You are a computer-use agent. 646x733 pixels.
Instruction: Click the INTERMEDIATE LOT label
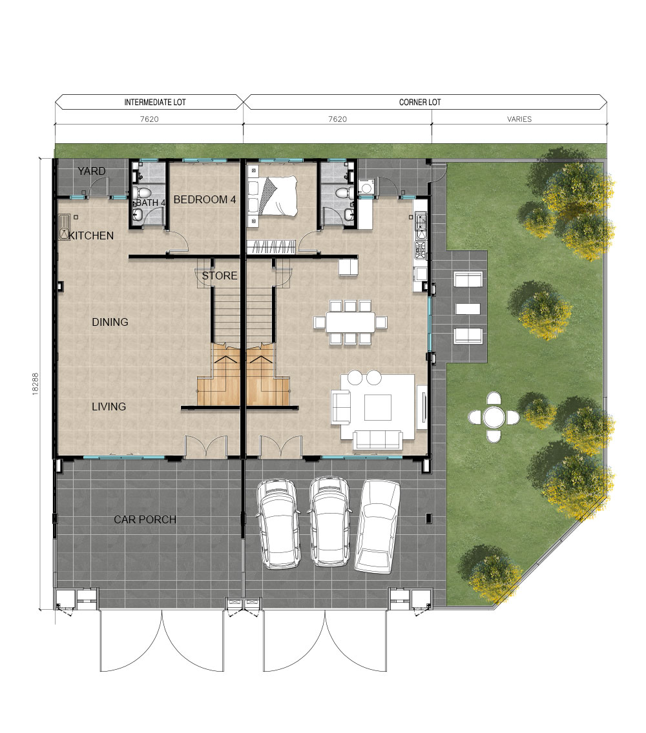[155, 102]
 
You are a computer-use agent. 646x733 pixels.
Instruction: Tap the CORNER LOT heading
[420, 102]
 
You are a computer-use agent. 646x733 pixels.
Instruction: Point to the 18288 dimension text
[36, 384]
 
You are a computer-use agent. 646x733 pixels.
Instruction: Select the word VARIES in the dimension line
[519, 119]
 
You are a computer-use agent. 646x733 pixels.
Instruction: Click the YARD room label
[92, 171]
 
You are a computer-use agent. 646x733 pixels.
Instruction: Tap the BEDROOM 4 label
[205, 199]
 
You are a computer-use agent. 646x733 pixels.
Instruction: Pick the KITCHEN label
[91, 236]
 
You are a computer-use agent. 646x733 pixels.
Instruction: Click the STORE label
[220, 276]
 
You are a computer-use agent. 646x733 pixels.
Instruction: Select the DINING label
[110, 322]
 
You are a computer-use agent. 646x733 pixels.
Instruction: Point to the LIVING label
[109, 407]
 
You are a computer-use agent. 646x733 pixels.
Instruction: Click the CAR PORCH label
[145, 519]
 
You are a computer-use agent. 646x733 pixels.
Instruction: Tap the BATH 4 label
[151, 203]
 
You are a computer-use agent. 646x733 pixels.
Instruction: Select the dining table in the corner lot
[351, 322]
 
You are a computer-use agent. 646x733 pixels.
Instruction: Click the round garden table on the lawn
[494, 417]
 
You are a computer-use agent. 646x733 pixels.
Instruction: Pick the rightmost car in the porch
[378, 527]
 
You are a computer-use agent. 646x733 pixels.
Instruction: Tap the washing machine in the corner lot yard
[366, 188]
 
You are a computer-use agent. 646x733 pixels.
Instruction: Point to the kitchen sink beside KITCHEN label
[64, 227]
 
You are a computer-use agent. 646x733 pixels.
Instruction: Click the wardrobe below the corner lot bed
[271, 247]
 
